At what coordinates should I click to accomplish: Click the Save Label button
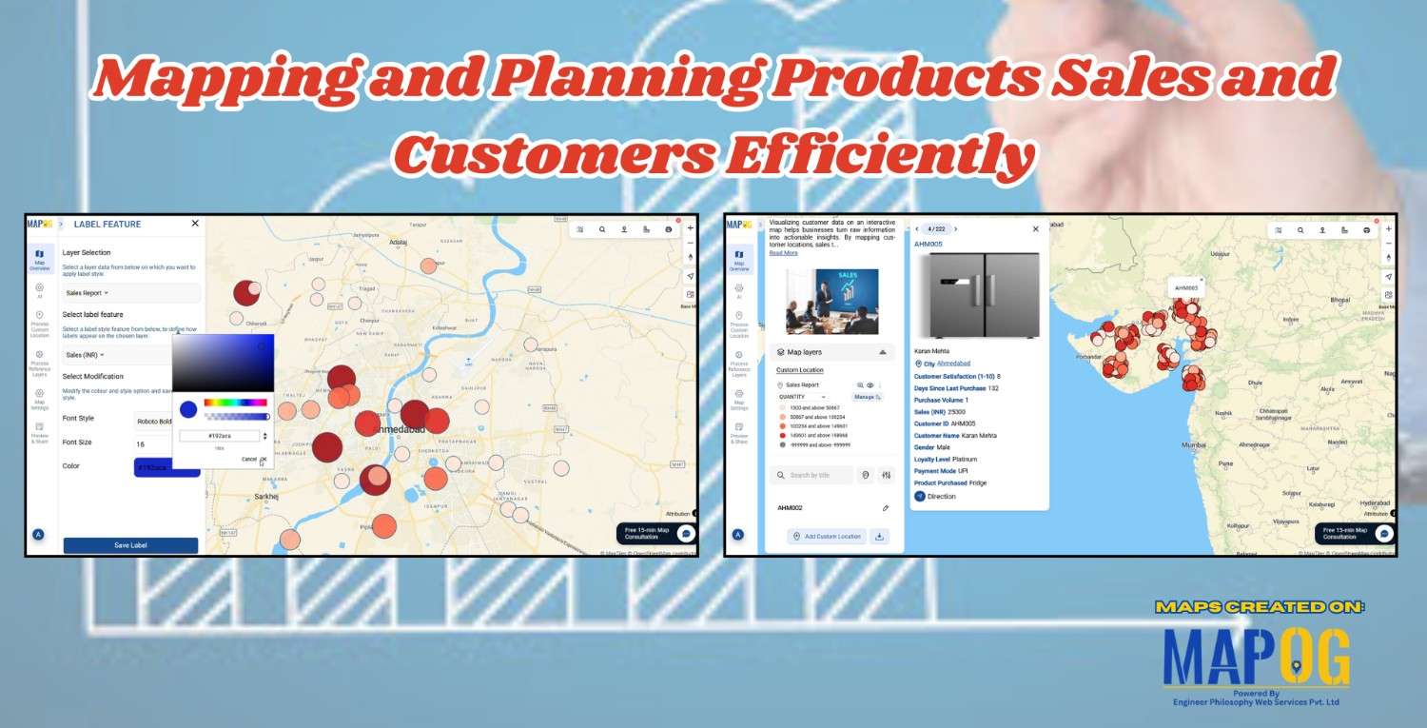click(130, 545)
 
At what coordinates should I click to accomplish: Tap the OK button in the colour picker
click(264, 459)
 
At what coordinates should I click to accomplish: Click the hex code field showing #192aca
click(219, 436)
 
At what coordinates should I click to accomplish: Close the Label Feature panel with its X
click(195, 224)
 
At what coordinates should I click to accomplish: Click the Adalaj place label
click(398, 243)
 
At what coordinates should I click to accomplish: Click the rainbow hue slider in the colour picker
click(235, 403)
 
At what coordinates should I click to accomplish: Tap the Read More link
click(783, 253)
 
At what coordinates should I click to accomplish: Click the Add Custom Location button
click(827, 537)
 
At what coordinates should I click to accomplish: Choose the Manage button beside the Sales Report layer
click(867, 397)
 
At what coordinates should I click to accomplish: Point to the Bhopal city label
click(1339, 301)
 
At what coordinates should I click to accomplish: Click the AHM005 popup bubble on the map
click(1186, 287)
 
